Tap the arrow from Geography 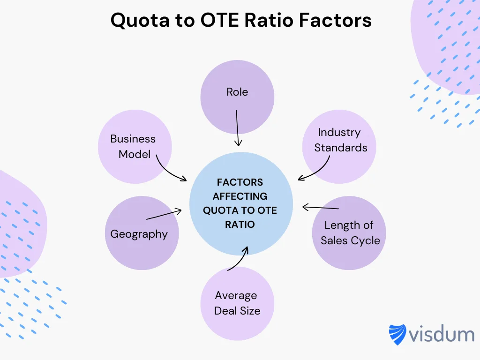[164, 215]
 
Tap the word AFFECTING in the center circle [240, 196]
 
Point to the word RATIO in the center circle [240, 224]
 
